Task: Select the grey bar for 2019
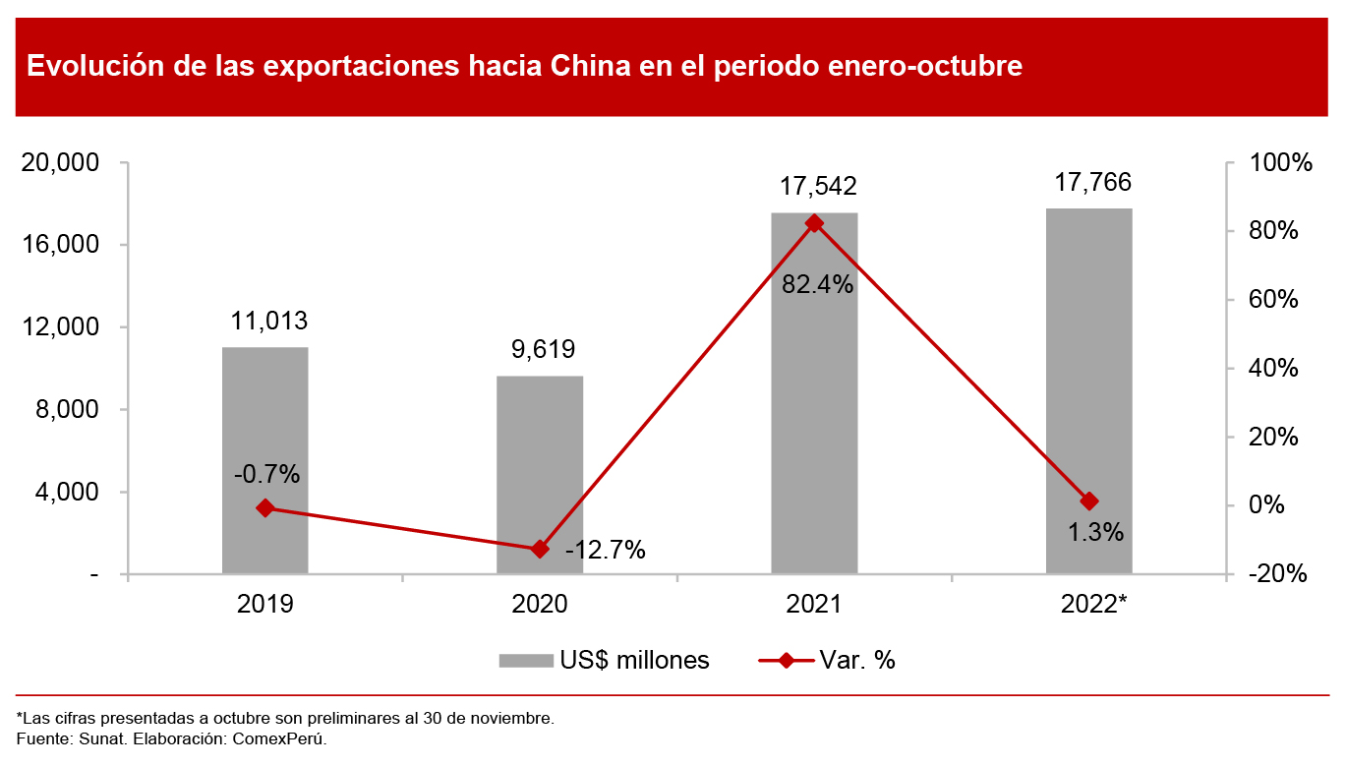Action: [264, 460]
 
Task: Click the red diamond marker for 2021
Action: [814, 223]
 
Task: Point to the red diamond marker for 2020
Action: [539, 549]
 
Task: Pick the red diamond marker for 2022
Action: [1088, 501]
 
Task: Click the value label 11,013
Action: [268, 321]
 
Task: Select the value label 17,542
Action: [818, 186]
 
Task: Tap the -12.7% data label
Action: [605, 551]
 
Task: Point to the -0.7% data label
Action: [266, 474]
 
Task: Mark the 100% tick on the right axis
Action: [1277, 163]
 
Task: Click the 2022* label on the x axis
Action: [1093, 604]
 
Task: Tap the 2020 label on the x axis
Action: [539, 604]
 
